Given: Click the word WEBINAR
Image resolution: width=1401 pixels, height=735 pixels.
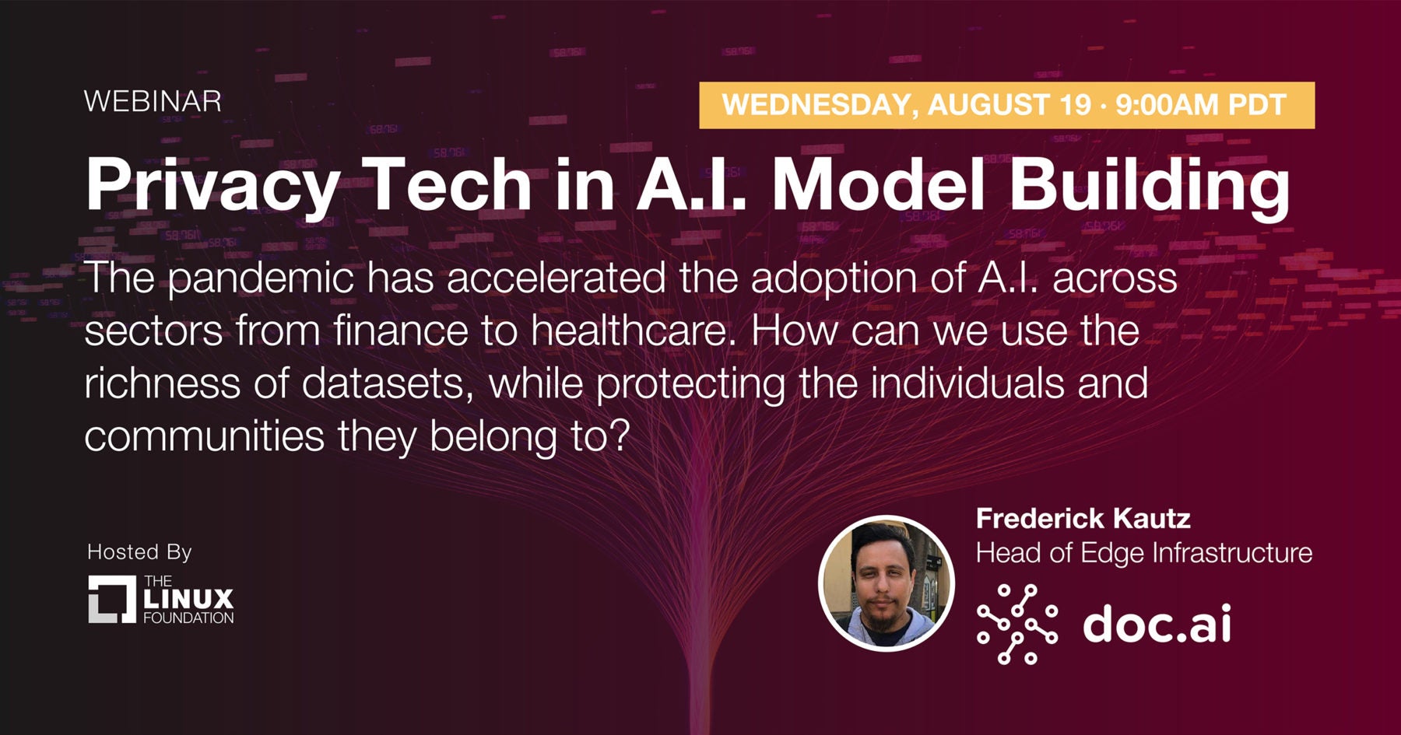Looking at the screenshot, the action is click(153, 101).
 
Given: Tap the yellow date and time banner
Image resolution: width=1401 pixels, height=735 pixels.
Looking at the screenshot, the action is click(1007, 105).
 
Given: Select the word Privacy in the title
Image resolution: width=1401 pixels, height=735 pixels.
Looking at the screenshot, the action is click(212, 187).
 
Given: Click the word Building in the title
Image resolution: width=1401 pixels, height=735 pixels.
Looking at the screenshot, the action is click(1150, 187).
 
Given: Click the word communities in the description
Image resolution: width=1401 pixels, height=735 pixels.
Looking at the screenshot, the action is click(204, 436).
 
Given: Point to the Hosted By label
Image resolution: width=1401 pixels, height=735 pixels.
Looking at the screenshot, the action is click(139, 551).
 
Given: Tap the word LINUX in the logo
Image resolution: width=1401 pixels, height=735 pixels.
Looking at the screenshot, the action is click(188, 598).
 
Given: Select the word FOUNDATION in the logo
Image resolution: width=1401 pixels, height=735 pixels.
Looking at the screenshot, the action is click(188, 618).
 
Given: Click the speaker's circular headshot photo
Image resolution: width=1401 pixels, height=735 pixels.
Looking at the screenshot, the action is click(887, 584).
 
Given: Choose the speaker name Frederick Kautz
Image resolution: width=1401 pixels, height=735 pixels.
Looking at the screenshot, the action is click(1083, 518).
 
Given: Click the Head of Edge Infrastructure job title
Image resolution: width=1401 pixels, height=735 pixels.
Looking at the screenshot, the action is click(1144, 553).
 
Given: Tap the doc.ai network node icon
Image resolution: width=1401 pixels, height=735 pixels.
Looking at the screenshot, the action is click(1017, 624).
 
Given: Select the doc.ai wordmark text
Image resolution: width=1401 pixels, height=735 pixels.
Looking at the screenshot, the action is click(1157, 623).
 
